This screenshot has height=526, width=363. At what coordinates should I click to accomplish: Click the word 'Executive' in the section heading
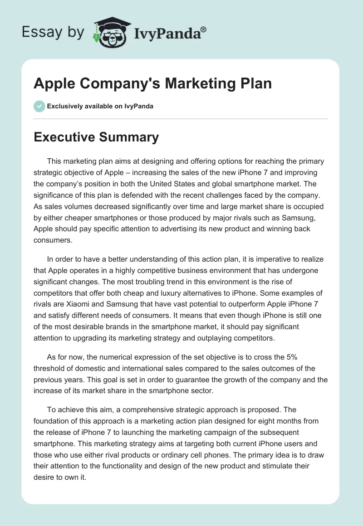click(x=64, y=137)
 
